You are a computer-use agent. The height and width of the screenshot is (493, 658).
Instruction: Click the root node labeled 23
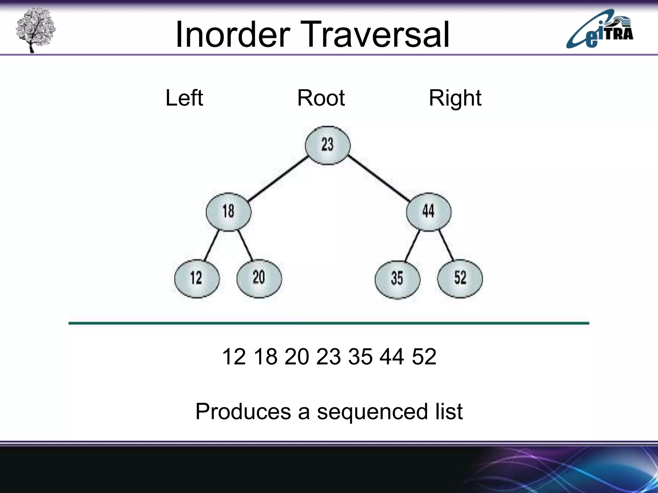pos(327,145)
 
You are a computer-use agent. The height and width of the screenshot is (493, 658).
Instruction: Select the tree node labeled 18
pos(228,212)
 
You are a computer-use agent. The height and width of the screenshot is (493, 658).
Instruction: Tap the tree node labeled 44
pos(429,212)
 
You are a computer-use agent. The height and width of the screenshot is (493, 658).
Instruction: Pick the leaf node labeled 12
pos(197,278)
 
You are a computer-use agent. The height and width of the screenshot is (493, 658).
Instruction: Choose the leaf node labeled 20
pos(259,278)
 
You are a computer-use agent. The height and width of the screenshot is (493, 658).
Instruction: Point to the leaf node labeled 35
pos(397,279)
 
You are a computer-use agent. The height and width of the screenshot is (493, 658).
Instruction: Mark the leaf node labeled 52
pos(460,278)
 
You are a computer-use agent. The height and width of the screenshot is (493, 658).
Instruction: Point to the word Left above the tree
pos(184,98)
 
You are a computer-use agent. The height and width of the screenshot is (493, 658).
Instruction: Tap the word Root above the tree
pos(321,98)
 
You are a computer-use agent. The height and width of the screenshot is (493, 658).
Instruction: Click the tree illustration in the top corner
pos(35,30)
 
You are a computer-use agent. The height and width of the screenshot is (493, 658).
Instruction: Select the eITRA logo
pos(600,30)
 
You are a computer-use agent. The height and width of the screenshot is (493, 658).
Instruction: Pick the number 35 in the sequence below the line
pos(360,357)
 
